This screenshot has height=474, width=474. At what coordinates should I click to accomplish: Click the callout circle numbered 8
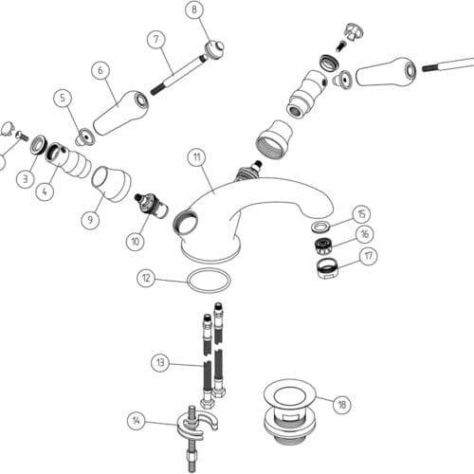point(194,9)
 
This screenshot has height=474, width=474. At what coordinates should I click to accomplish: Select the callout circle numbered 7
point(156,40)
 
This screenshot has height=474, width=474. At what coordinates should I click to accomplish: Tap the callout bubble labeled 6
point(100,70)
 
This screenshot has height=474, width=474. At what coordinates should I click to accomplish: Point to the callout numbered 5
point(63,98)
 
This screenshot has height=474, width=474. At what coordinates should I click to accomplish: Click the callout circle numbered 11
point(197,157)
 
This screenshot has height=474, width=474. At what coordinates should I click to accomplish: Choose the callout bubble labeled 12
point(146,279)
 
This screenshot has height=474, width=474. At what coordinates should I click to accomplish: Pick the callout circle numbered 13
point(160,362)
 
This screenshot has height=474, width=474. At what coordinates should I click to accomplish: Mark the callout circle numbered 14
point(137,421)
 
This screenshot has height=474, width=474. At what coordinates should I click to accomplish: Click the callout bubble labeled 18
point(342,404)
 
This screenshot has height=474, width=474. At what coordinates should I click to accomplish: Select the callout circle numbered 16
point(365,234)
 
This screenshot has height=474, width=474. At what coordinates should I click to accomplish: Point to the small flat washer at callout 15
point(320,228)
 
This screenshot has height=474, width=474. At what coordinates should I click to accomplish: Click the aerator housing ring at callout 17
point(327,268)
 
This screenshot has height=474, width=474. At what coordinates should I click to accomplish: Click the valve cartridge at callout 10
point(151,206)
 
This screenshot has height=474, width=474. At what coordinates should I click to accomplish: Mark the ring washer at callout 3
point(39,144)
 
